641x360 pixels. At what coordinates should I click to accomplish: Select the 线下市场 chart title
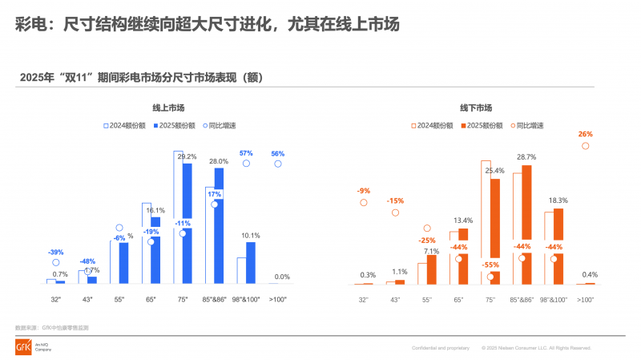click(476, 107)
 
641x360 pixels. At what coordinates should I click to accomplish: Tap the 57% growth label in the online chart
click(246, 153)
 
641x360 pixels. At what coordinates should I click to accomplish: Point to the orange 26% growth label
click(585, 135)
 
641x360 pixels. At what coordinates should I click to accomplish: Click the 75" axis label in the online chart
click(183, 299)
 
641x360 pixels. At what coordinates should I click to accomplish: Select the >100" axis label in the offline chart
click(585, 299)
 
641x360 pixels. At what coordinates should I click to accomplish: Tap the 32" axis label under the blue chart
click(56, 299)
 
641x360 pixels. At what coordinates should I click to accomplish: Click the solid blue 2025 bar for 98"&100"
click(251, 263)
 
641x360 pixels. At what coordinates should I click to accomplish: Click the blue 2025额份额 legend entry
click(172, 126)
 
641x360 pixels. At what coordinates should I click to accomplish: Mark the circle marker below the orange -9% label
click(364, 203)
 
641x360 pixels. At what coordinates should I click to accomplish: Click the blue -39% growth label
click(56, 251)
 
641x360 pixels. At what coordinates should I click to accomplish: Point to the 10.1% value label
click(251, 236)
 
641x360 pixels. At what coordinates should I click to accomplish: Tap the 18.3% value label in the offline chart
click(558, 200)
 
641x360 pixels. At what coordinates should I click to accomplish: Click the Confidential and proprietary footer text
click(440, 348)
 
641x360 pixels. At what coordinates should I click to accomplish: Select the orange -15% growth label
click(395, 200)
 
